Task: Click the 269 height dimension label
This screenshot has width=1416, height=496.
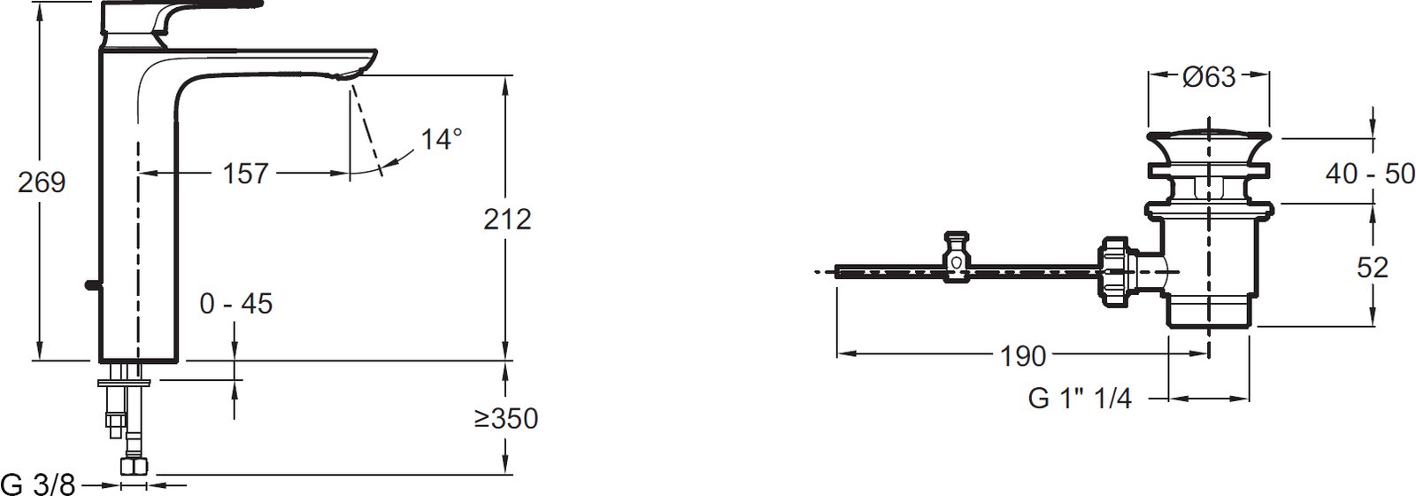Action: click(x=42, y=182)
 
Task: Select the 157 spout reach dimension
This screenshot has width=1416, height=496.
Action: click(x=245, y=174)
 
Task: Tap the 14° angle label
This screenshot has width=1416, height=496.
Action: click(x=442, y=138)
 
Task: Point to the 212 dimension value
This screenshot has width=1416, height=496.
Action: click(x=507, y=219)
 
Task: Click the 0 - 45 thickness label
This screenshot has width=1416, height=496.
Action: click(x=235, y=304)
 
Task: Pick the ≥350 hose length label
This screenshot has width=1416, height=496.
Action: click(x=505, y=418)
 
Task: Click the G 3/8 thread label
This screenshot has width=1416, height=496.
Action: click(x=39, y=484)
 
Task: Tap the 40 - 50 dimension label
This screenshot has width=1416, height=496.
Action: click(x=1370, y=173)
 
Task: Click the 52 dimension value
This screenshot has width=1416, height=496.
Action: click(x=1373, y=267)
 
